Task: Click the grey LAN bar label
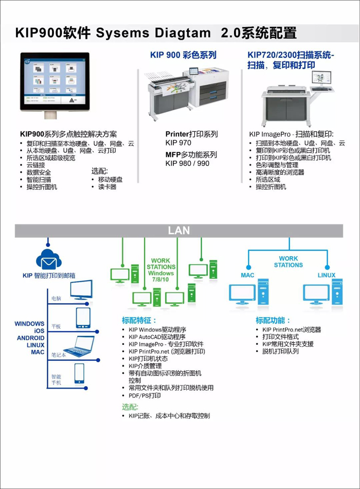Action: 178,231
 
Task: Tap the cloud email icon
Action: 49,260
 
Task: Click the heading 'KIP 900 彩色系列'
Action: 183,55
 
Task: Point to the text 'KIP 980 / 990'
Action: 187,164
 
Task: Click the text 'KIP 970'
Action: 178,143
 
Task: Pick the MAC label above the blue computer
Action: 247,275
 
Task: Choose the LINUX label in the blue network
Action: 326,275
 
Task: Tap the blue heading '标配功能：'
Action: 273,320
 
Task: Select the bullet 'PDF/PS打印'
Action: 145,396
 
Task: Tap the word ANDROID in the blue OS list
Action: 30,338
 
